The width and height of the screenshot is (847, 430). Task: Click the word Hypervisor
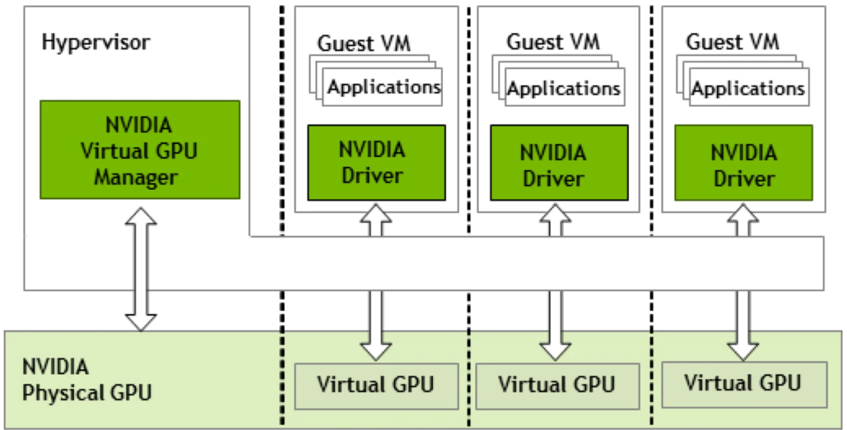tap(96, 43)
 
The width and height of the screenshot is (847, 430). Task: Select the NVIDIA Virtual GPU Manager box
tap(140, 150)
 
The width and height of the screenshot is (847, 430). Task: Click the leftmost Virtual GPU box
tap(376, 386)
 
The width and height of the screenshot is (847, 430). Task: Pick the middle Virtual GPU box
tap(556, 386)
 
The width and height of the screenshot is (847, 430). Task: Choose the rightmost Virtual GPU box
tap(743, 384)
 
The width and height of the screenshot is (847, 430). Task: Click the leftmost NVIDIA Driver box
tap(376, 163)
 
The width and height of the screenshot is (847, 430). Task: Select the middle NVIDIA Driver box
tap(559, 164)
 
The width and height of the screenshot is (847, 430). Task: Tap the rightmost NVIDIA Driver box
tap(743, 164)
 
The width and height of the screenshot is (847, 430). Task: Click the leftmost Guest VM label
tap(364, 43)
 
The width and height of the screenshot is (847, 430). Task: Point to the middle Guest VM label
tap(553, 42)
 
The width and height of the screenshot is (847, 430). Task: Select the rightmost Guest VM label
tap(732, 42)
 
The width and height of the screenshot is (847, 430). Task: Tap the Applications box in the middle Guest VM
tap(563, 89)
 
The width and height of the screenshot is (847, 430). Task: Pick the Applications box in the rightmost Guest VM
tap(748, 89)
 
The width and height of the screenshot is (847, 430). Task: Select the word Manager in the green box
tap(136, 176)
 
